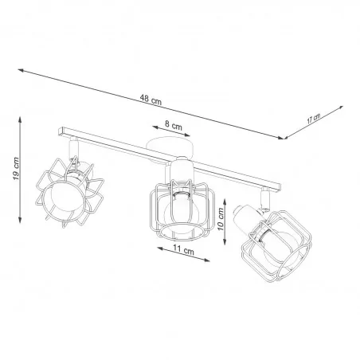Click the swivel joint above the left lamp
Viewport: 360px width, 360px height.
click(73, 147)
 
